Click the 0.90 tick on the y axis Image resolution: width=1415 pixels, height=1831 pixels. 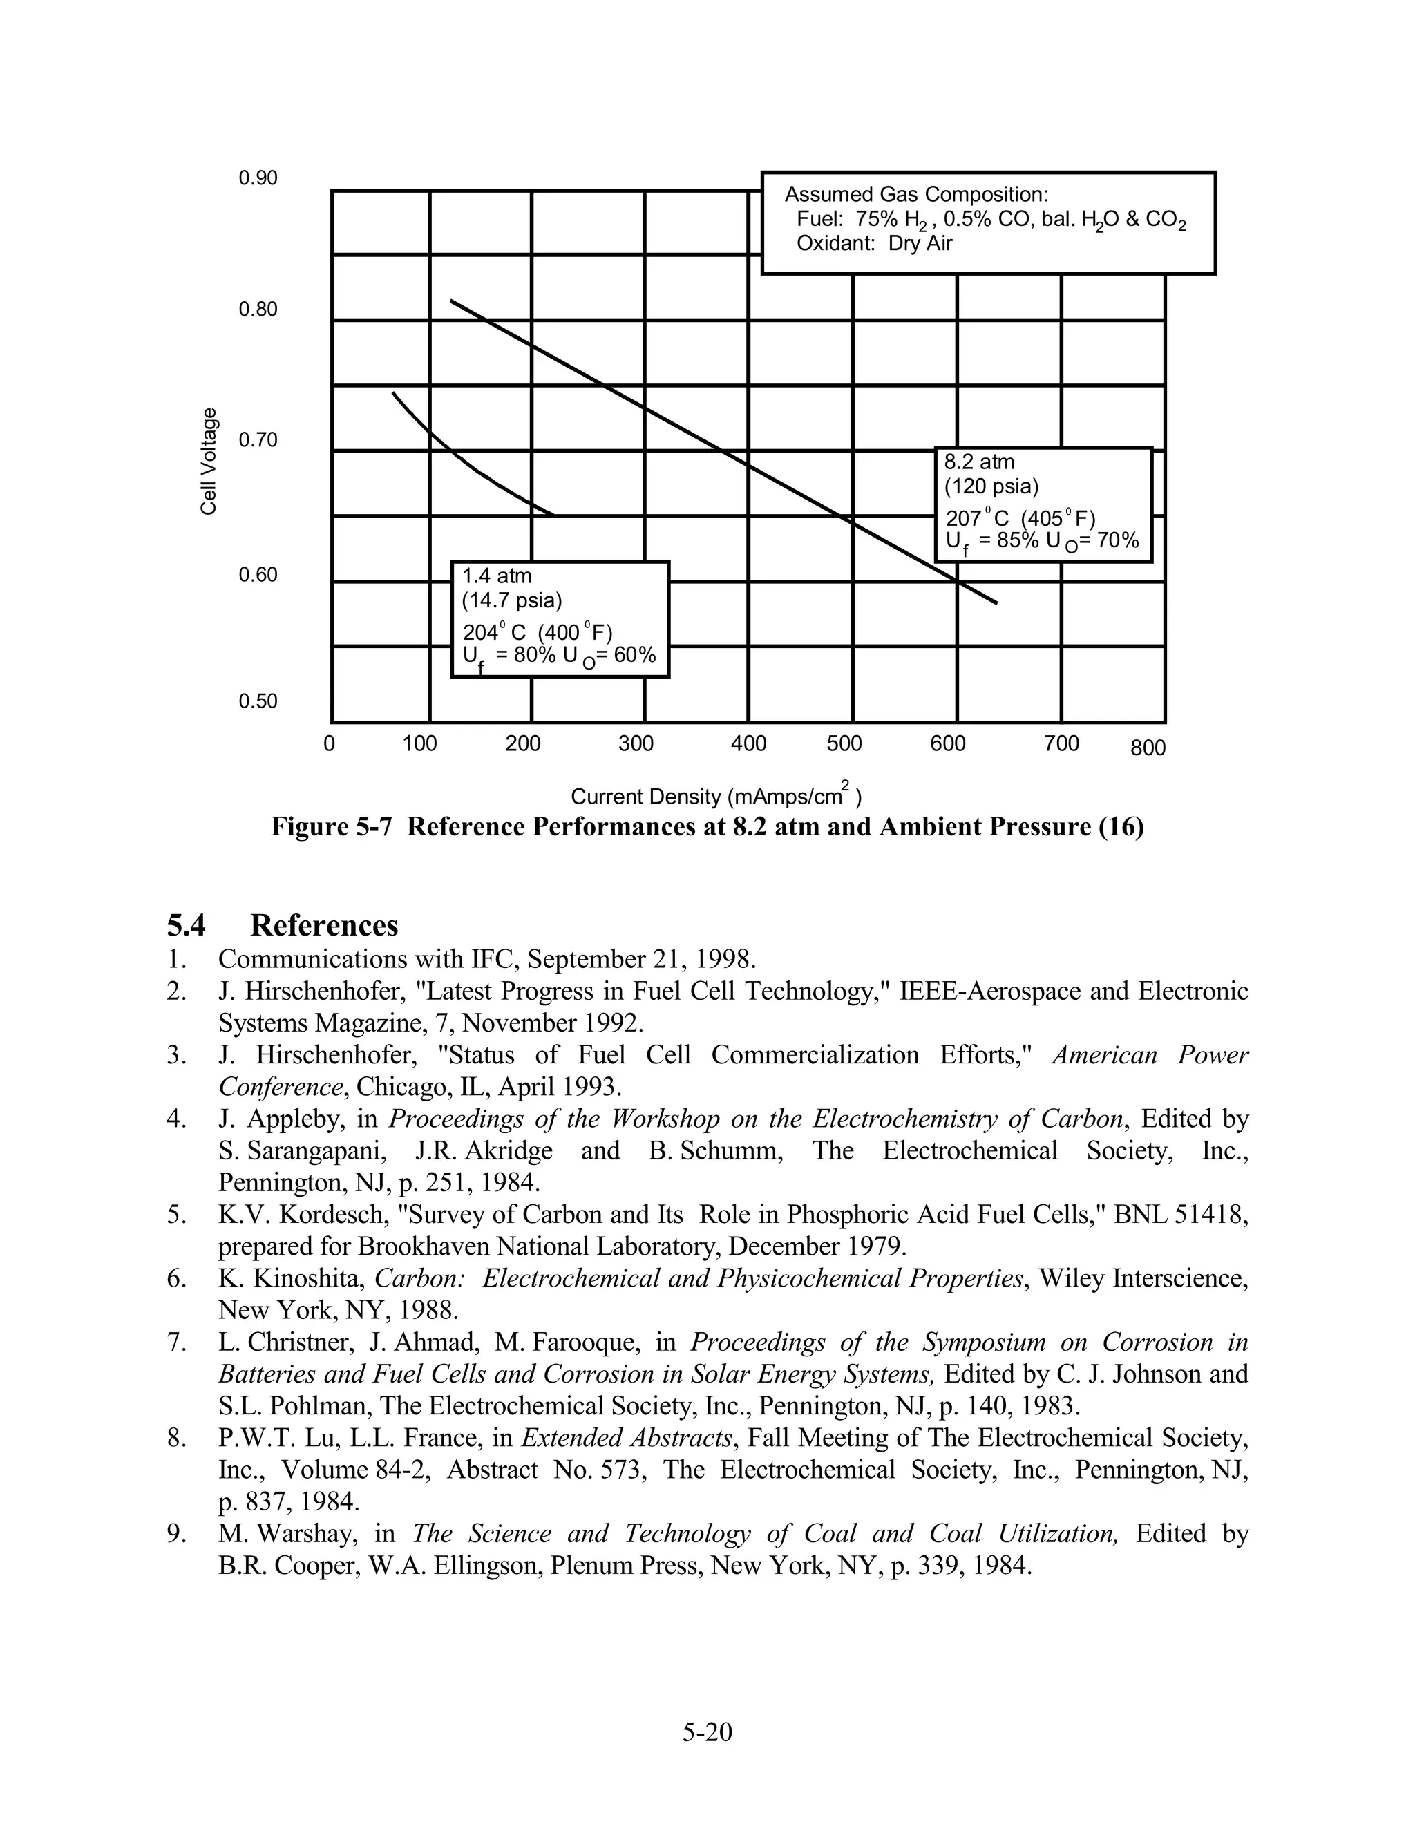257,178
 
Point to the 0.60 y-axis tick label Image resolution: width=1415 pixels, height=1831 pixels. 257,575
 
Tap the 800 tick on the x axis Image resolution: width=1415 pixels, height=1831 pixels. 1148,748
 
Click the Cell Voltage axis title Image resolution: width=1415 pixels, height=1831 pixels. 209,461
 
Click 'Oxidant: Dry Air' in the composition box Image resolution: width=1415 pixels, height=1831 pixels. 873,244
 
